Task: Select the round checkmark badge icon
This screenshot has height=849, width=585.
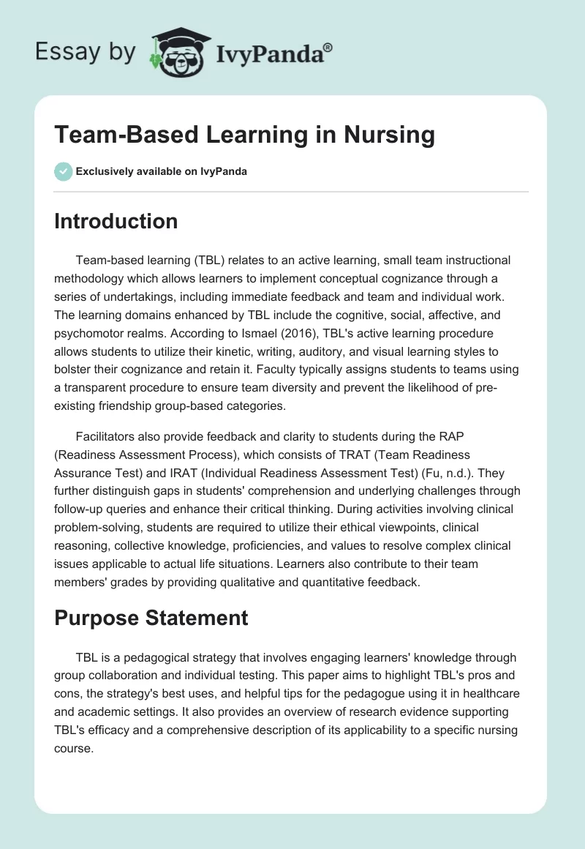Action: click(x=63, y=171)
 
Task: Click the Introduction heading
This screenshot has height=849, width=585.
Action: click(x=116, y=221)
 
